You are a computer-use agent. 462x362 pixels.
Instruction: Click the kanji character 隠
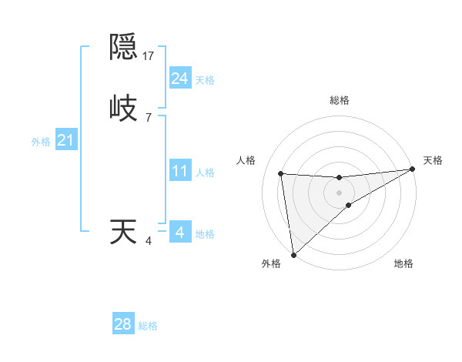(124, 47)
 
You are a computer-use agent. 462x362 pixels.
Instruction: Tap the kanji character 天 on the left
(123, 232)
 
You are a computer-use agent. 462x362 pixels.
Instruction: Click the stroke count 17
(149, 55)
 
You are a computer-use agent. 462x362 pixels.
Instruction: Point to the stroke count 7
(148, 117)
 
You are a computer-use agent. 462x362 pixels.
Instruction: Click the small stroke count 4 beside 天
(149, 241)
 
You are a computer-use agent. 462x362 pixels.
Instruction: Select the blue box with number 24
(179, 79)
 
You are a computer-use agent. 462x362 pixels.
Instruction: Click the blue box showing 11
(179, 171)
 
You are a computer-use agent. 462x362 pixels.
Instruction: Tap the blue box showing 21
(65, 140)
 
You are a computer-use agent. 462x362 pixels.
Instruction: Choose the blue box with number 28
(123, 324)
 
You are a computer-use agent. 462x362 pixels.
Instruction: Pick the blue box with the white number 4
(179, 232)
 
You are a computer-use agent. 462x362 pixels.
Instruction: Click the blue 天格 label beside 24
(205, 80)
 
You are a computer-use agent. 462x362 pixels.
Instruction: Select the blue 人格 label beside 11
(205, 173)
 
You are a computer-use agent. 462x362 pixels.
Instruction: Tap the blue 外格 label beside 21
(41, 142)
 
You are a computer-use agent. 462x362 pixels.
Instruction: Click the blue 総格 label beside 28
(148, 326)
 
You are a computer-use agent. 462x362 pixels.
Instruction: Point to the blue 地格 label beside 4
(205, 234)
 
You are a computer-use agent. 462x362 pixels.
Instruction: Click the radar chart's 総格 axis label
(339, 100)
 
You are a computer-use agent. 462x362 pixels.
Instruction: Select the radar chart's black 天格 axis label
(433, 160)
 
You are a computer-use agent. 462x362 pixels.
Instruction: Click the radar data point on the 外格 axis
(293, 255)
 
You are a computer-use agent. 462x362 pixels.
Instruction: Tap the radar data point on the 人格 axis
(281, 173)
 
